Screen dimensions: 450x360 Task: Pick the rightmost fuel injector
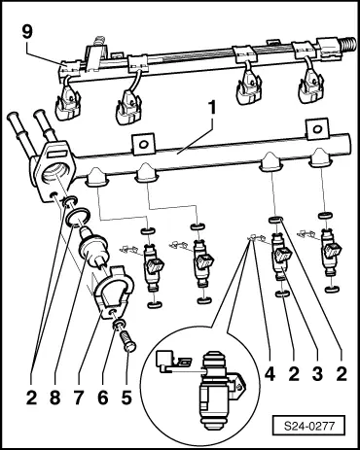[x=333, y=260]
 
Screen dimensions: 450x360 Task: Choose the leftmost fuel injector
[x=152, y=262]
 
